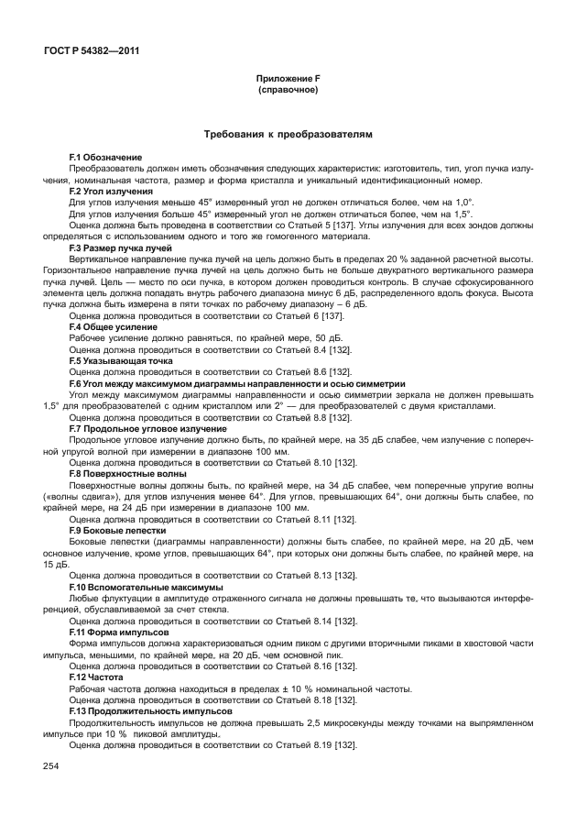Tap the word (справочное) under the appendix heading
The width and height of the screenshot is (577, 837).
(288, 91)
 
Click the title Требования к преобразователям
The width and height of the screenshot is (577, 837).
(288, 135)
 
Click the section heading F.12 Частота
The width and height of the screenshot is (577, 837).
(95, 677)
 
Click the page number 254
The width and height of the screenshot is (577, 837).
(50, 765)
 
